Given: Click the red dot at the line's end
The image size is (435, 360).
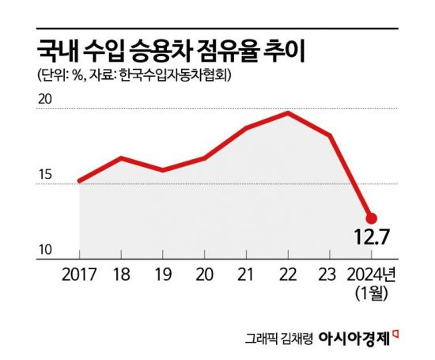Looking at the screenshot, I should (x=371, y=218).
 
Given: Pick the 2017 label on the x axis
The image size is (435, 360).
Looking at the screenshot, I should (x=78, y=278).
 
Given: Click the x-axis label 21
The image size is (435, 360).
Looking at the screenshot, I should (x=245, y=278).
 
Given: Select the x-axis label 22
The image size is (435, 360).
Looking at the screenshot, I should (x=287, y=278).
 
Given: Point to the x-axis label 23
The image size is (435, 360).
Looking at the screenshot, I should (x=329, y=278).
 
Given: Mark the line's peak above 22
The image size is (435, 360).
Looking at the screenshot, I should (x=288, y=113).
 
